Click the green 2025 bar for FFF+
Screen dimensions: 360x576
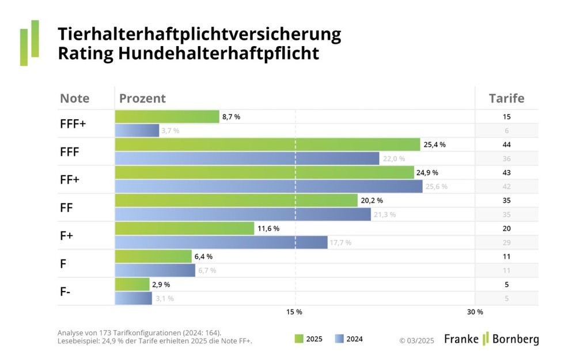pyautogui.click(x=167, y=117)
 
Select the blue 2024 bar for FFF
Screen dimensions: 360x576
pyautogui.click(x=247, y=158)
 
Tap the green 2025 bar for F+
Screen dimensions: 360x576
pyautogui.click(x=184, y=229)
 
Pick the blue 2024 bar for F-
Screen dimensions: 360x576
pyautogui.click(x=134, y=298)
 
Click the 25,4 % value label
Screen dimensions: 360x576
pyautogui.click(x=434, y=145)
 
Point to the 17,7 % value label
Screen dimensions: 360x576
pyautogui.click(x=340, y=242)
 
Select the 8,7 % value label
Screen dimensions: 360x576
pyautogui.click(x=231, y=117)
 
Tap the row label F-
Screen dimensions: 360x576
pyautogui.click(x=66, y=291)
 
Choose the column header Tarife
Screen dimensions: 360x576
pyautogui.click(x=506, y=98)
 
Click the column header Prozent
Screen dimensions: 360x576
pyautogui.click(x=142, y=98)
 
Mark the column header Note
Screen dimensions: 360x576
pyautogui.click(x=74, y=98)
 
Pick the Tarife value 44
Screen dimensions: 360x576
pyautogui.click(x=506, y=145)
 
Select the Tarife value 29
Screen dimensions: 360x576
pyautogui.click(x=506, y=242)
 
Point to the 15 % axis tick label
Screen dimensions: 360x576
pyautogui.click(x=294, y=312)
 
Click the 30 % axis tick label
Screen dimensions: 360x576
pyautogui.click(x=475, y=312)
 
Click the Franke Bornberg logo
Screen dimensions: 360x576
pyautogui.click(x=491, y=339)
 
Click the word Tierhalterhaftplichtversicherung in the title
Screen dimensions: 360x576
pyautogui.click(x=199, y=35)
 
